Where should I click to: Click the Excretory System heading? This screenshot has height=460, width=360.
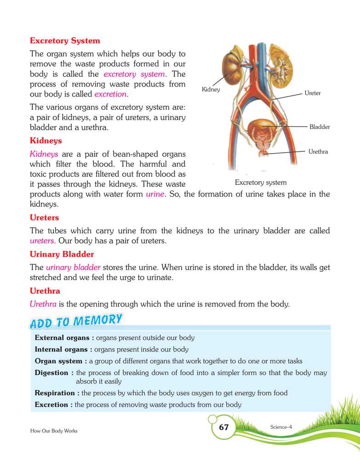coord(65,40)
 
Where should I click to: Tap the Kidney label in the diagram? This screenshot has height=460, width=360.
coord(211,90)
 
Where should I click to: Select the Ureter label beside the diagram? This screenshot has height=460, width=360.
coord(312,93)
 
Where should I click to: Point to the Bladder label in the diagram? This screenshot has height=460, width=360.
coord(320,126)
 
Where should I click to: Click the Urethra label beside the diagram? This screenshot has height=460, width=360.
coord(318,151)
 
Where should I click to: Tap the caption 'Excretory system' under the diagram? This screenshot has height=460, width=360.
coord(260,183)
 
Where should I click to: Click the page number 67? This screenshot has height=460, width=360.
coord(224,427)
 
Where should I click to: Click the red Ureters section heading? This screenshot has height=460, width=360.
coord(44,217)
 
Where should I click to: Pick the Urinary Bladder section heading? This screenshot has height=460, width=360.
coord(62,254)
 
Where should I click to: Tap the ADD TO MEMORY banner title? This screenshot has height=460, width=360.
coord(76,321)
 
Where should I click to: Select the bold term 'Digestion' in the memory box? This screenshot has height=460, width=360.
coord(51,373)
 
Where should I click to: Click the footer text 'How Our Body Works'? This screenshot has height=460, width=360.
coord(54,431)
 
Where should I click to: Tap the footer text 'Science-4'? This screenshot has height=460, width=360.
coord(282,427)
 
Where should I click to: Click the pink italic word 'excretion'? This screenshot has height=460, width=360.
coord(110,94)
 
